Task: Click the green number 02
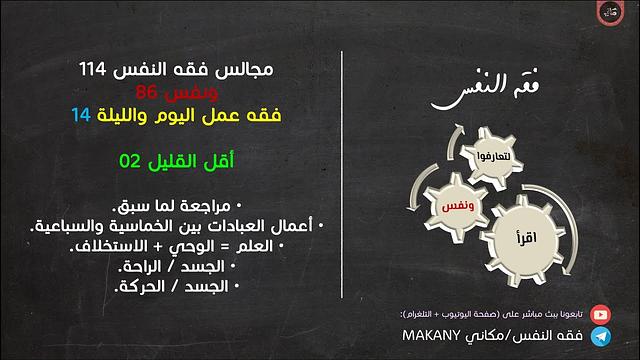tap(128, 161)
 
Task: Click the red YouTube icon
tap(600, 314)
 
